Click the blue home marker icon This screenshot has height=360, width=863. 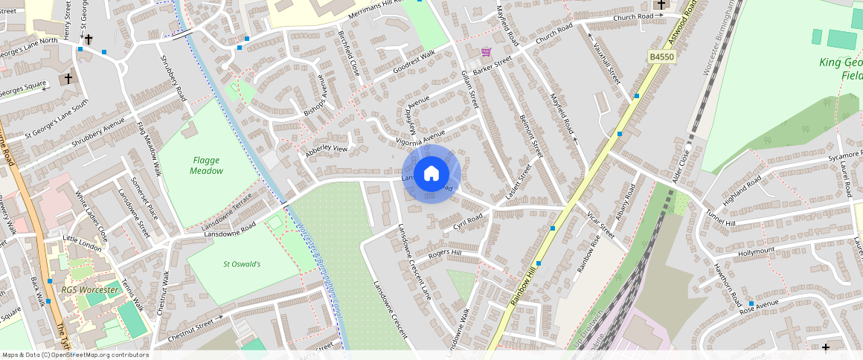coord(431,174)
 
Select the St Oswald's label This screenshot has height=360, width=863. coord(242,264)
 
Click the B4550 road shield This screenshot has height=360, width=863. coord(661,57)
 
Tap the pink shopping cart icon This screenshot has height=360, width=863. coord(486,52)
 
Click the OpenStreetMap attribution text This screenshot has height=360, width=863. coord(76,355)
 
